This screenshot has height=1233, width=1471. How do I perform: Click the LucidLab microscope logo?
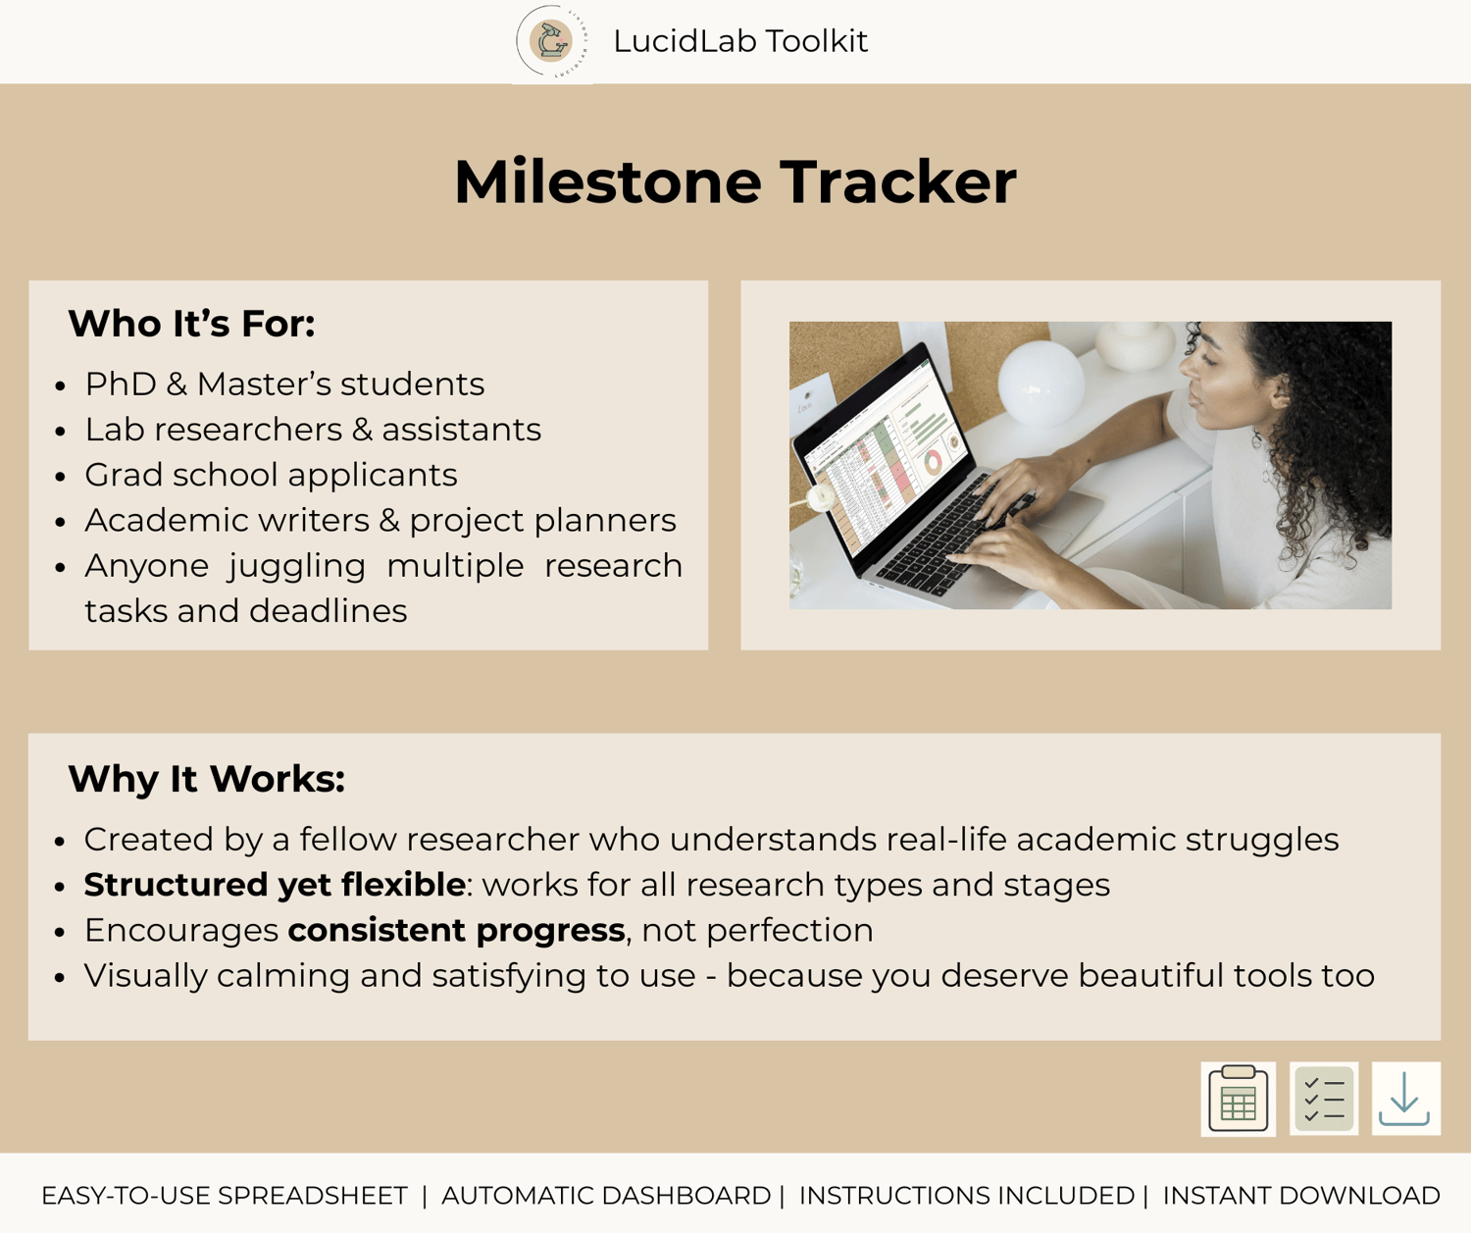(552, 41)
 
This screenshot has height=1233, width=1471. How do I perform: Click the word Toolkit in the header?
(817, 41)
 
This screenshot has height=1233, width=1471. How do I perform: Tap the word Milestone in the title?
(608, 181)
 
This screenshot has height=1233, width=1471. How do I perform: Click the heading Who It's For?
(191, 324)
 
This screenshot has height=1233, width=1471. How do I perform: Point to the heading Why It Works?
(206, 779)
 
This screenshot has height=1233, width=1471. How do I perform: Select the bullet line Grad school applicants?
(272, 475)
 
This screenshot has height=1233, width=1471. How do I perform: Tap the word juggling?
(296, 567)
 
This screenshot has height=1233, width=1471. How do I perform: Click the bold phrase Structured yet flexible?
(274, 885)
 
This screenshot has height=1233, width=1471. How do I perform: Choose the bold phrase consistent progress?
(457, 931)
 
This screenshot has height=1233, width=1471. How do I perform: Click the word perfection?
(789, 931)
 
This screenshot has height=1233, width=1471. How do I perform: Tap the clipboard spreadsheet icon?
(1238, 1100)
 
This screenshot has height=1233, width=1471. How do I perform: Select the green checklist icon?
(1324, 1100)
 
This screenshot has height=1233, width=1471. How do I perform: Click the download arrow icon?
(1405, 1100)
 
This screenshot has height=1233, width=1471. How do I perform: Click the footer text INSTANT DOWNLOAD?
(1301, 1196)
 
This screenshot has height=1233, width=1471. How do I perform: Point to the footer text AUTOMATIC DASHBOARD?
(607, 1196)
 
